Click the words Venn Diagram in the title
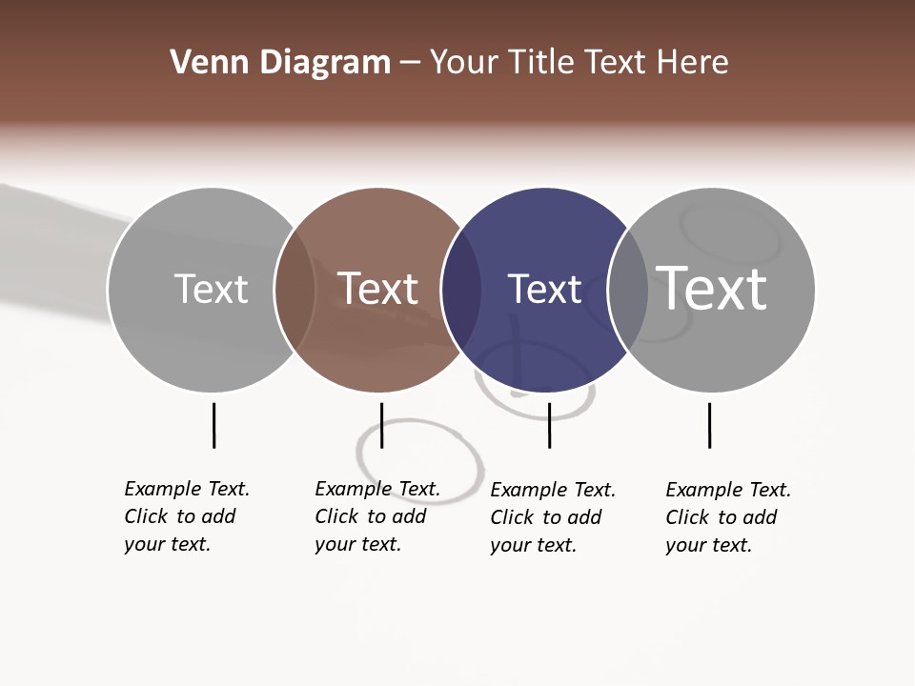[x=280, y=63]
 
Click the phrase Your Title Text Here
[x=579, y=63]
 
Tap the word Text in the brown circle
[x=378, y=289]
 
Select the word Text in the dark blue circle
[x=544, y=289]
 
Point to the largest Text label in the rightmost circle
[x=712, y=288]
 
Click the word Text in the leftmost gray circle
[x=211, y=289]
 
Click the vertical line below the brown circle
[x=381, y=425]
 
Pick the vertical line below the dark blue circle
[x=549, y=425]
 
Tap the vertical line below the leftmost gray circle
[x=213, y=425]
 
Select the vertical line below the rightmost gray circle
[x=709, y=425]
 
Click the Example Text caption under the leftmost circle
[x=187, y=516]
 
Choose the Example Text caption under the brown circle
[x=377, y=516]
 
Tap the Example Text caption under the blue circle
[x=553, y=517]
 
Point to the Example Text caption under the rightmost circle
[x=728, y=517]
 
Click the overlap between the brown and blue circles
[x=461, y=290]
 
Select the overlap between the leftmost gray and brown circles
[x=295, y=290]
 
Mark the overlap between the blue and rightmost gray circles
[x=627, y=290]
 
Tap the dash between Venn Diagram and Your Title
[x=410, y=63]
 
